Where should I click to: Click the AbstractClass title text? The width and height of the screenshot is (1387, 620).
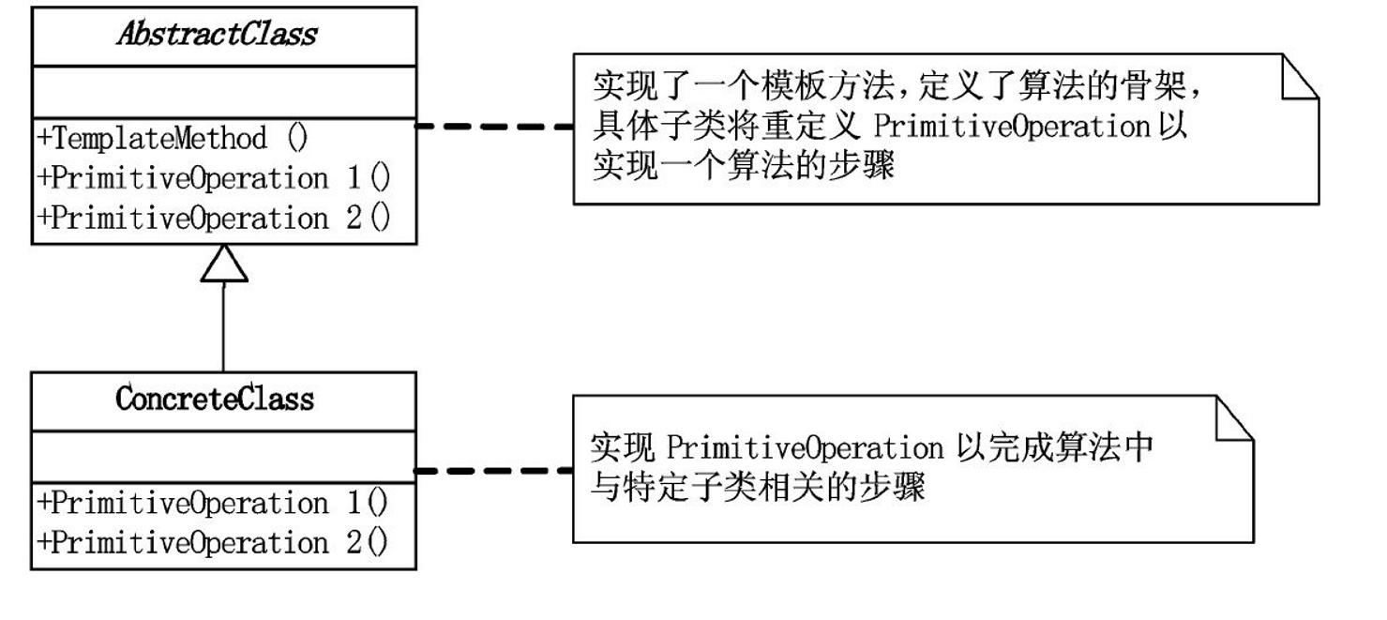click(217, 35)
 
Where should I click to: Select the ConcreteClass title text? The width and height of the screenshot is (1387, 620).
click(215, 400)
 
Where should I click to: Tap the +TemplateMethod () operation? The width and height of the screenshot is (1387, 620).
click(173, 139)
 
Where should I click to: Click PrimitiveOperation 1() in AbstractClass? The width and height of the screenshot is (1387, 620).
click(213, 178)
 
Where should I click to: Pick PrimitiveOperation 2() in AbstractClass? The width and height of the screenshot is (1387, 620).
click(213, 218)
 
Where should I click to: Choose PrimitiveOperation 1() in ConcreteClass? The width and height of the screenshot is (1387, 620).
click(213, 503)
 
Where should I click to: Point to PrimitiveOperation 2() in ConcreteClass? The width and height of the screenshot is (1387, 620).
click(213, 542)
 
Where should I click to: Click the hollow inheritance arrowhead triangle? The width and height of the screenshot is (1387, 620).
click(223, 264)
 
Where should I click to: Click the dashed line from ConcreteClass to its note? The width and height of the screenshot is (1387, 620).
click(494, 470)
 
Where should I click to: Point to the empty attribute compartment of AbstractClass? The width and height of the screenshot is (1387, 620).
click(224, 93)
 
